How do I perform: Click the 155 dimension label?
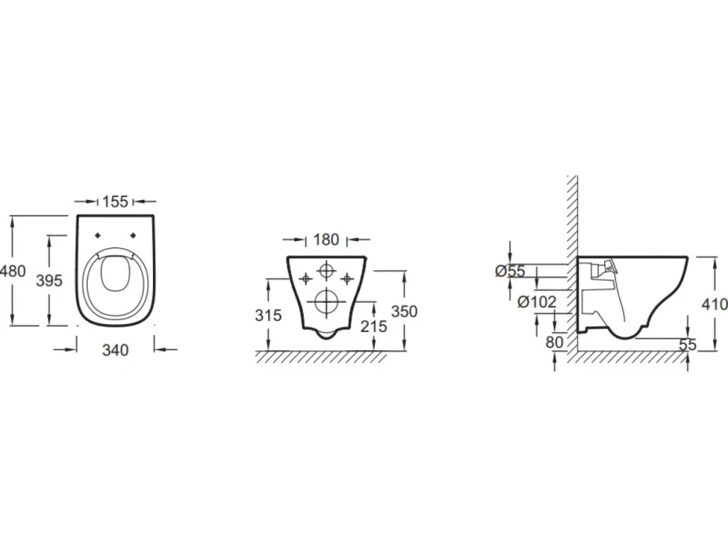click(x=115, y=201)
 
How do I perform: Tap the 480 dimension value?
click(x=13, y=270)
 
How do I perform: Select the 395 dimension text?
click(x=50, y=280)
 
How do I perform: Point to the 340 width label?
click(x=115, y=350)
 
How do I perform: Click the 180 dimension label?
click(x=326, y=240)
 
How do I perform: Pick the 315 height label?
click(x=269, y=315)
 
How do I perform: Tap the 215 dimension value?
click(x=374, y=326)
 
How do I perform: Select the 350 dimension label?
click(x=404, y=311)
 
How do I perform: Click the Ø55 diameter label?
click(x=510, y=270)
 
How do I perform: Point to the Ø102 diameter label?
click(x=537, y=302)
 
